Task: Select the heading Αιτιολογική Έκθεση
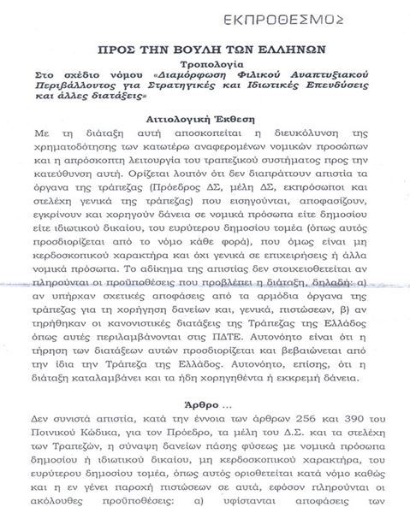204,119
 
